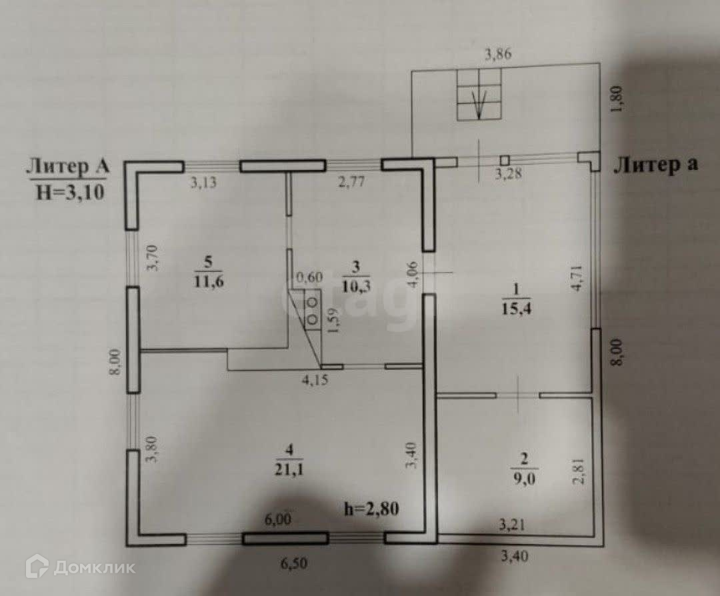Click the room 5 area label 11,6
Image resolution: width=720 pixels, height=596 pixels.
click(x=209, y=282)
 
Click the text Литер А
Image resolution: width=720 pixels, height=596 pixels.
click(x=67, y=167)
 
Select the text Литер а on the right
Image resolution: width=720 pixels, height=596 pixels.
click(x=656, y=165)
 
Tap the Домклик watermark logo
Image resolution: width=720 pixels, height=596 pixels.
click(x=80, y=567)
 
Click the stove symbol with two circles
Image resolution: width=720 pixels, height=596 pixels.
click(x=311, y=310)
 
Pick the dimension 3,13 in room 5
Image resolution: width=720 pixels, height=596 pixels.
click(x=204, y=183)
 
